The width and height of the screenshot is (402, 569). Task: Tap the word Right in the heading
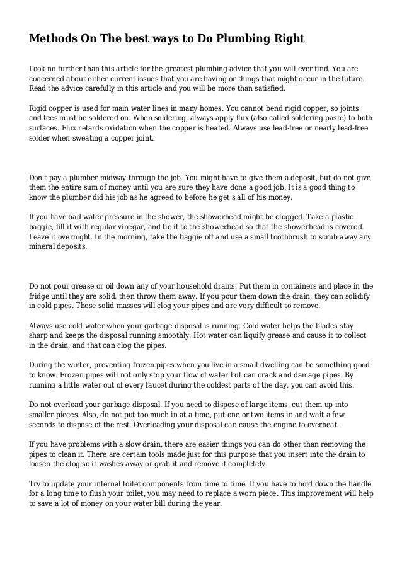pyautogui.click(x=287, y=40)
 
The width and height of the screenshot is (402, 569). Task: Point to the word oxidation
pyautogui.click(x=104, y=127)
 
